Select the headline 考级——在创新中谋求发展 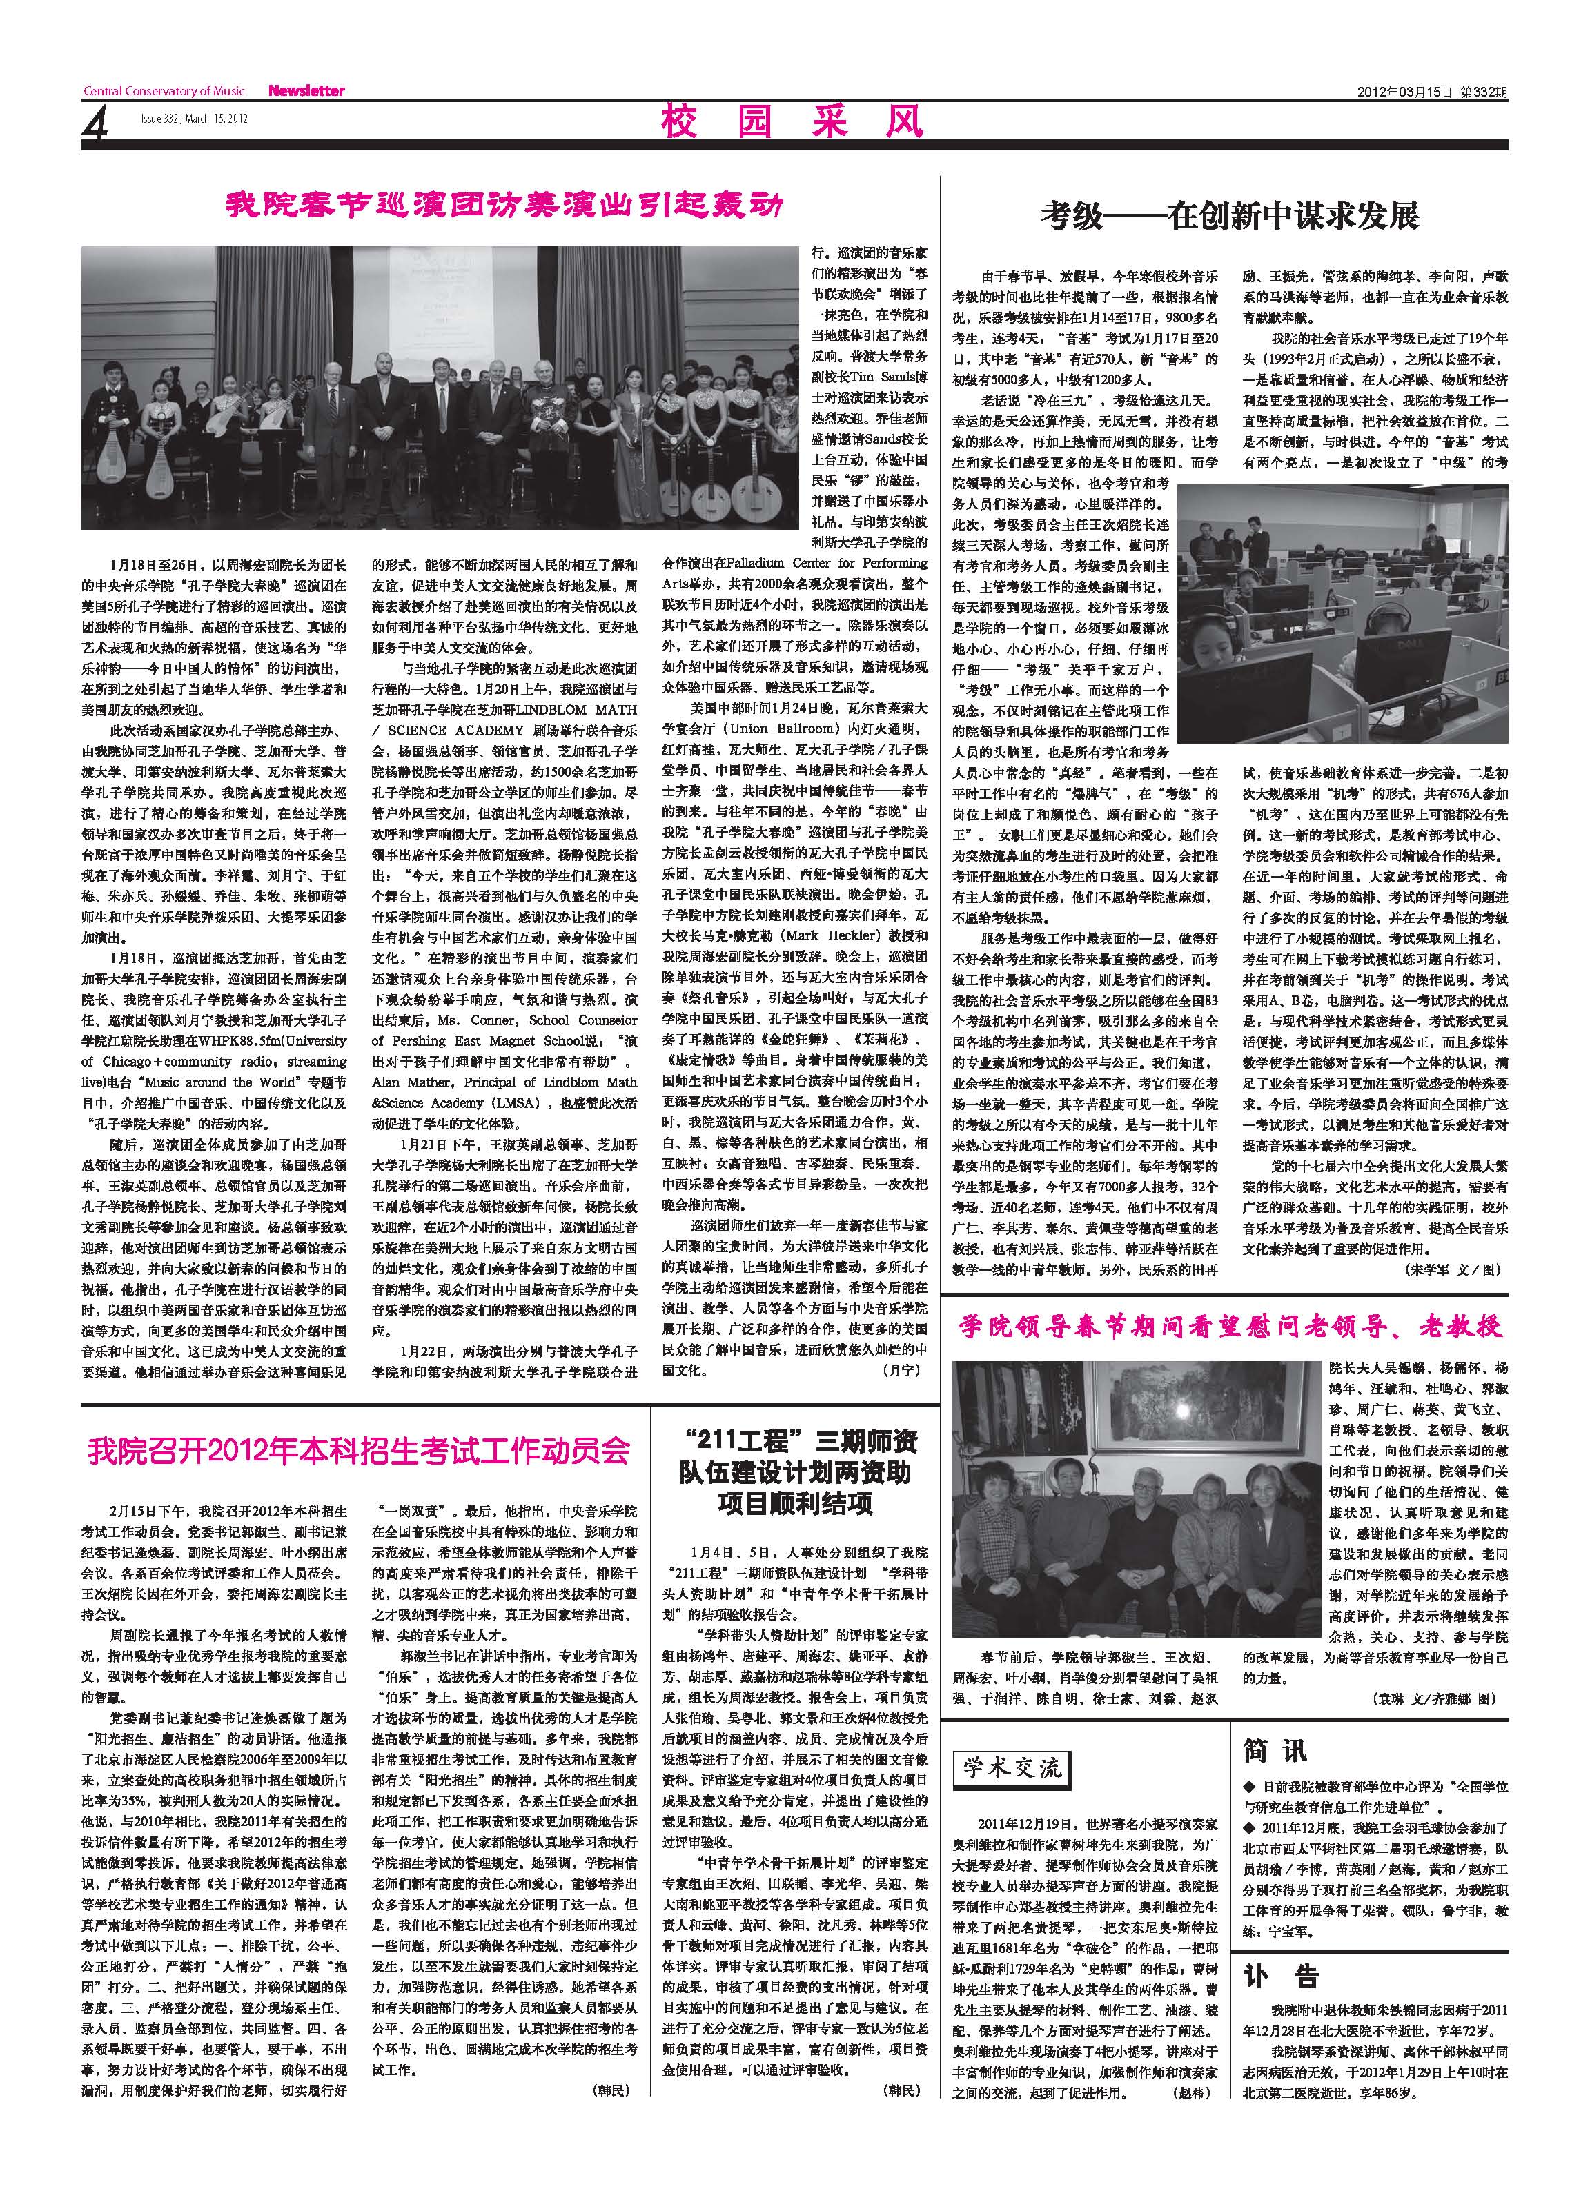(x=1230, y=215)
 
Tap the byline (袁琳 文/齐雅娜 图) (x=1435, y=1698)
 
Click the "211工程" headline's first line (x=799, y=1440)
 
